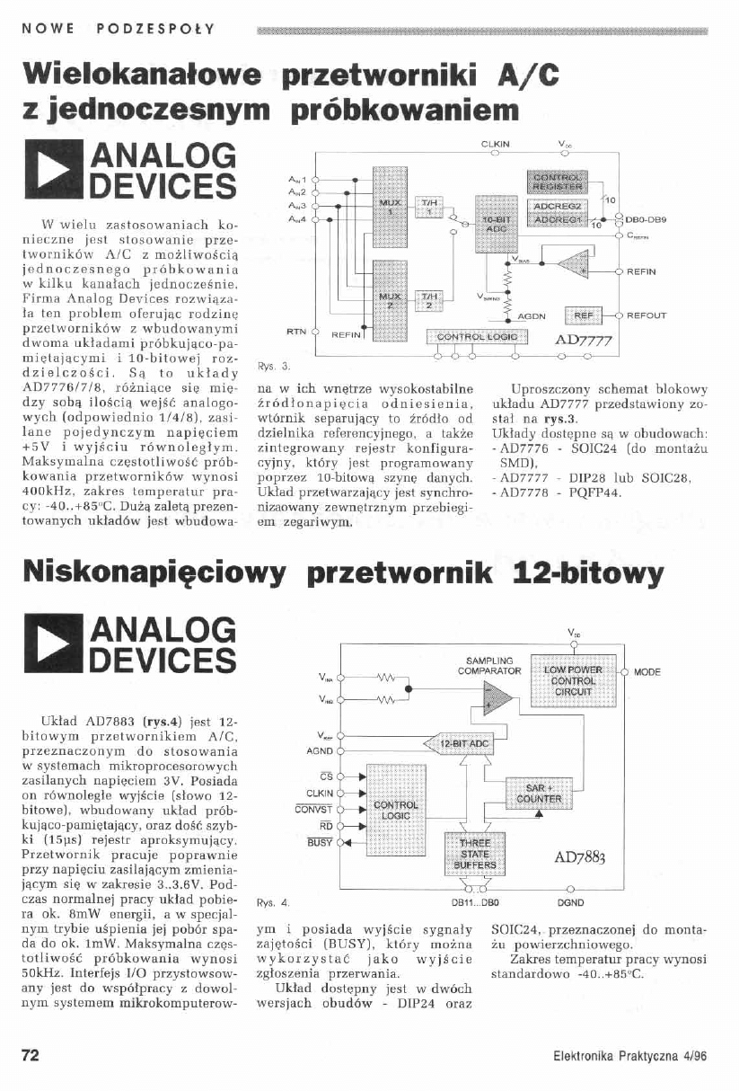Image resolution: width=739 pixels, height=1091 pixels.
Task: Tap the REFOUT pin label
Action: [x=647, y=315]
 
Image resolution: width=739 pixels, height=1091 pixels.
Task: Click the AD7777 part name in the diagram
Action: [x=584, y=341]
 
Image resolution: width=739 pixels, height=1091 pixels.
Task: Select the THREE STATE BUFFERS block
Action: [x=474, y=850]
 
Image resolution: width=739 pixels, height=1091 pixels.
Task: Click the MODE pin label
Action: [x=647, y=672]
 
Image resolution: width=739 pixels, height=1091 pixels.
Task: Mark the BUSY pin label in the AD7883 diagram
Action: [x=319, y=842]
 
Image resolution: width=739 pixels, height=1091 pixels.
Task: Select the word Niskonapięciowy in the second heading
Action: [x=160, y=572]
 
